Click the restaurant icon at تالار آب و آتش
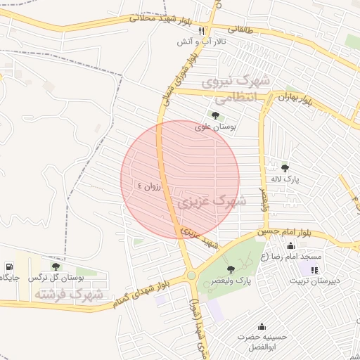[201, 31]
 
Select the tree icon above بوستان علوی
[215, 115]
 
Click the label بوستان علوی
[215, 127]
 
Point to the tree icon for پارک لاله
[285, 167]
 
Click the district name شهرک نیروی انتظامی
[235, 90]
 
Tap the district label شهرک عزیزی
[211, 202]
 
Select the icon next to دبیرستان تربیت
[314, 269]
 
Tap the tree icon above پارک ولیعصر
[231, 269]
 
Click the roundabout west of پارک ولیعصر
[191, 276]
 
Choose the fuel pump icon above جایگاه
[8, 266]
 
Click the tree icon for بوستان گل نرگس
[56, 266]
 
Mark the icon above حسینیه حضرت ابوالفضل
[262, 326]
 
